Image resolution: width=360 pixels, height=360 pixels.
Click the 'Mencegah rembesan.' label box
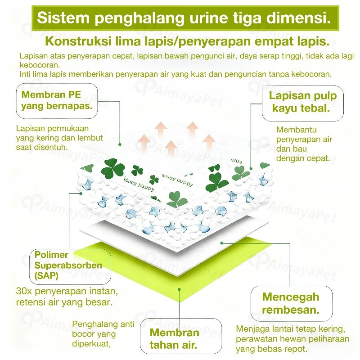(291, 303)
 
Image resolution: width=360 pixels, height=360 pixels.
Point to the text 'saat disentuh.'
(42, 147)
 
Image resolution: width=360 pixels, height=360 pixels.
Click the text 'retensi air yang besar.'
(64, 302)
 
